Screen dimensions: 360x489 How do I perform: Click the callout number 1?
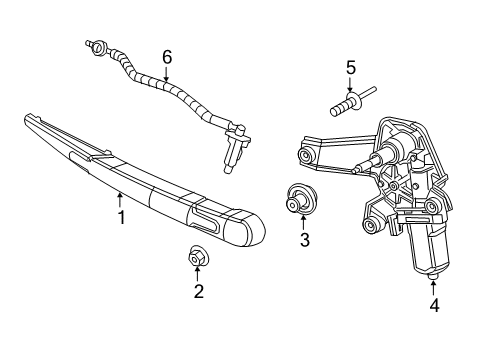[122, 217]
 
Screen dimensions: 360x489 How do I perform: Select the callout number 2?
[198, 291]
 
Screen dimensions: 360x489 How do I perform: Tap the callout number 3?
[305, 240]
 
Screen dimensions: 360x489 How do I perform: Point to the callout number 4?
[433, 306]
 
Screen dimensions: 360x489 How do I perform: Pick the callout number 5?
[350, 68]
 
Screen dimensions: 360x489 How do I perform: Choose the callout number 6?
[167, 56]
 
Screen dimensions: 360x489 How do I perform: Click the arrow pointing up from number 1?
[121, 199]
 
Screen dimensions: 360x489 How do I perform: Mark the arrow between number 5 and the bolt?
[350, 84]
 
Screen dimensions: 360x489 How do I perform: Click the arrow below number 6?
[167, 73]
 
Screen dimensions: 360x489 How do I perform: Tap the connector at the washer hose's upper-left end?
[98, 45]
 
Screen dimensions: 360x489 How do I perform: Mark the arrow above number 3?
[305, 222]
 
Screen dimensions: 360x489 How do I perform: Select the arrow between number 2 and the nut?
[198, 274]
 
